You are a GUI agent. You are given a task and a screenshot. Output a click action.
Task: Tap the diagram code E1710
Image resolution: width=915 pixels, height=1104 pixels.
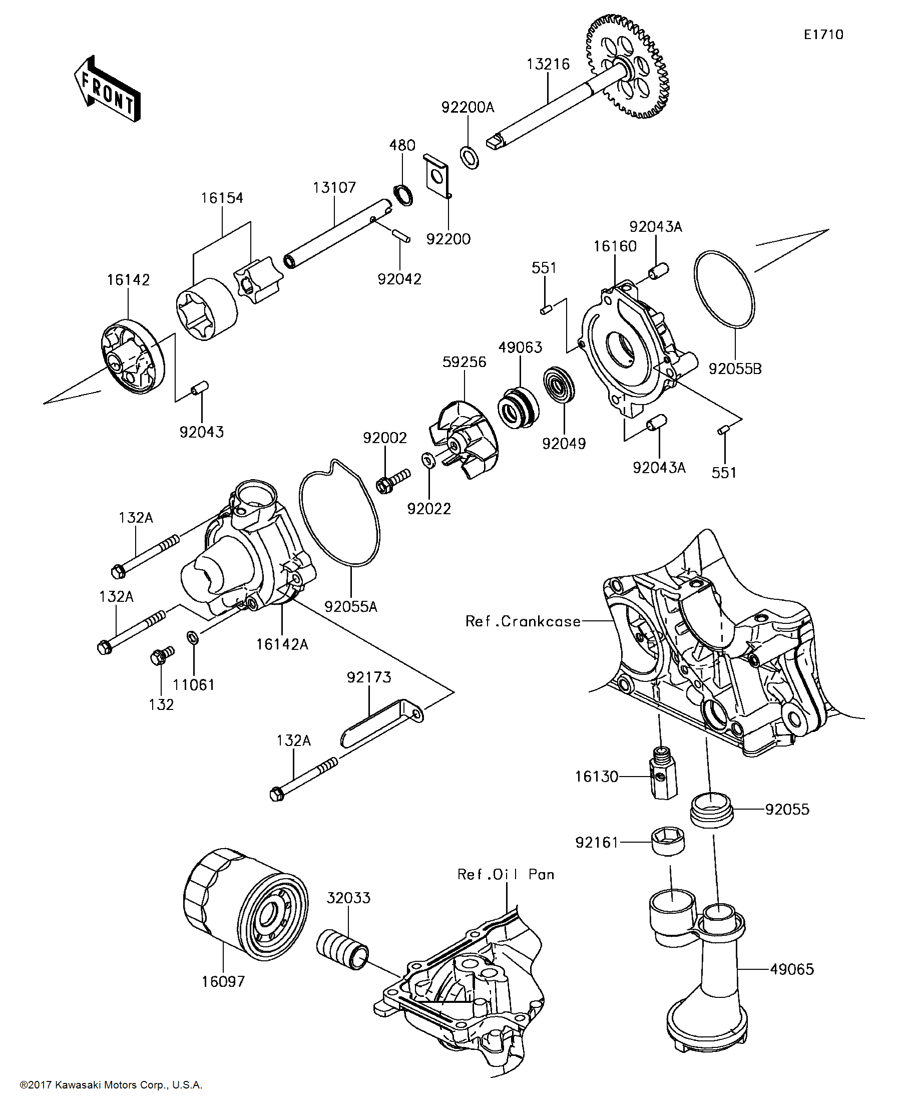point(823,35)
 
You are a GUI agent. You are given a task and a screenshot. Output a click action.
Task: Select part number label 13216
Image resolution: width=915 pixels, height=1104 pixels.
point(548,64)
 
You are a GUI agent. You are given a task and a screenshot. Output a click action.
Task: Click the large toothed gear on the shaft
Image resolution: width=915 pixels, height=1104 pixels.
point(627,66)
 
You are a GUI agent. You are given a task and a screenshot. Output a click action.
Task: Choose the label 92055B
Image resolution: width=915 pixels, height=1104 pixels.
point(735,369)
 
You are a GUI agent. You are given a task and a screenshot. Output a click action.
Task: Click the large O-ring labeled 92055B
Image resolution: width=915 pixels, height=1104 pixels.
point(724,290)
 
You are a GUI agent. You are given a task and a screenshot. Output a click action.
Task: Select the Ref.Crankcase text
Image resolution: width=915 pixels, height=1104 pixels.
point(523,621)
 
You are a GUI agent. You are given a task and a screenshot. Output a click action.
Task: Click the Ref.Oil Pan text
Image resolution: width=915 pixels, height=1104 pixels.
point(506,874)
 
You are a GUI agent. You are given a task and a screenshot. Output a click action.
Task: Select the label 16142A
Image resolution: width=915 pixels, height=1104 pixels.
point(282,644)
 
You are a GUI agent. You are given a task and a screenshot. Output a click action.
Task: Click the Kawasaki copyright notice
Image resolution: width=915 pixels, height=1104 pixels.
point(111,1084)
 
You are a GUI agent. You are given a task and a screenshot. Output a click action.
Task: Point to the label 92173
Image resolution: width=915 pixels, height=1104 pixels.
point(369,677)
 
